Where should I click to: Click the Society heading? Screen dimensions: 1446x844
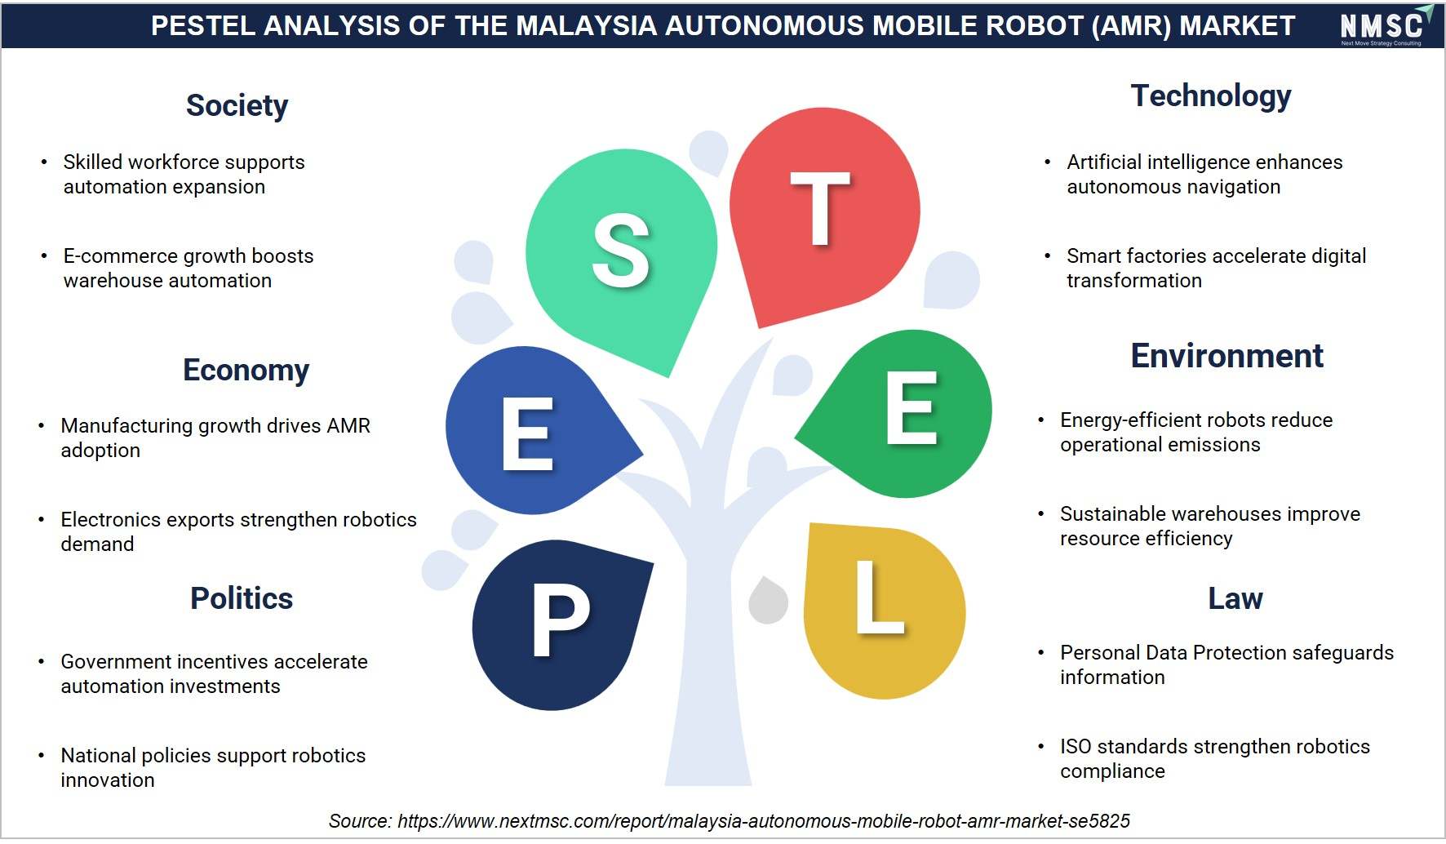[237, 106]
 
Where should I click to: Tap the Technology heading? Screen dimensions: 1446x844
[1211, 96]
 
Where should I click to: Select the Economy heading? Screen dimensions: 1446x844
[246, 371]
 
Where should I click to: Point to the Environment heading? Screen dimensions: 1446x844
[1227, 356]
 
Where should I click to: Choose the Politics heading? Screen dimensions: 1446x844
[242, 598]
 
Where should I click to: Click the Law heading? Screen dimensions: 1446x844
[1235, 598]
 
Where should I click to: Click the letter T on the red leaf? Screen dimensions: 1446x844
[820, 209]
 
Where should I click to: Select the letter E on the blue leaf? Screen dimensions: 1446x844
[528, 434]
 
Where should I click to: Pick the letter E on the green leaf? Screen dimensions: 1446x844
[912, 407]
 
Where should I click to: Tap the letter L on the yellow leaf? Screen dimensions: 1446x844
[880, 597]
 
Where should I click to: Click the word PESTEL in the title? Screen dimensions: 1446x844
[203, 26]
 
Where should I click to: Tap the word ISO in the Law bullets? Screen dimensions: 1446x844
[1076, 746]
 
